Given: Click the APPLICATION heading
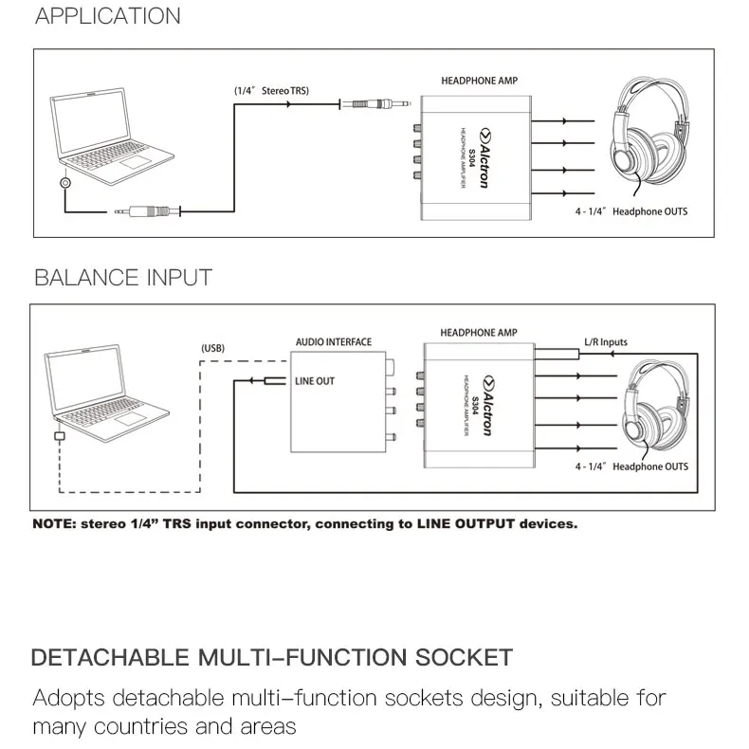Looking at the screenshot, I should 107,16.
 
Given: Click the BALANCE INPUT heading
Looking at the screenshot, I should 122,278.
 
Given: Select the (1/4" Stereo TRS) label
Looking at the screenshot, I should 272,90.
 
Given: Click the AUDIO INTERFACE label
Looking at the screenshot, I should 334,342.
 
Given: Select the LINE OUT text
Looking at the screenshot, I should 315,381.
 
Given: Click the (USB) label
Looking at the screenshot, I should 212,348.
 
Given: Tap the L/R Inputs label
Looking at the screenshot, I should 604,342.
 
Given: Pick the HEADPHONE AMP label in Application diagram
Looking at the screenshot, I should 480,82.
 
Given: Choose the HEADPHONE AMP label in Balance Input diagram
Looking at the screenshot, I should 479,333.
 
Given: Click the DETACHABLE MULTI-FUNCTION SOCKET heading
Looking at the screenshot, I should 272,657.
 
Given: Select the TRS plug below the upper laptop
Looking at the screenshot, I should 144,212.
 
